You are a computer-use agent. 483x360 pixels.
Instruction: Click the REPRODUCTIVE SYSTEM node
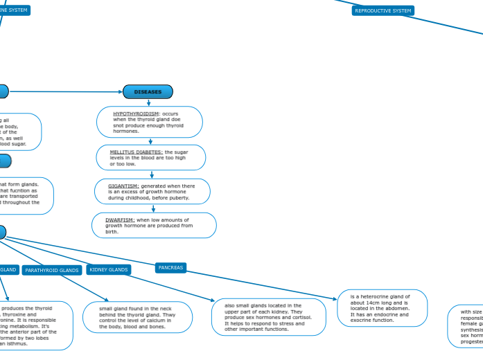383,10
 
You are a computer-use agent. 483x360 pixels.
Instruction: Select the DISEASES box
148,91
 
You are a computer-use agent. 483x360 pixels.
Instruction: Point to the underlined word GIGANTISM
123,186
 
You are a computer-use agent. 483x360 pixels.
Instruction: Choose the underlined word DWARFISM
120,219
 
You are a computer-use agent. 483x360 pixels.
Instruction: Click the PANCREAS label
170,267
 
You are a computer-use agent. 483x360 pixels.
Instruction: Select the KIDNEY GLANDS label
109,269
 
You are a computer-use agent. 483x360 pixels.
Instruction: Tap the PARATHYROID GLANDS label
51,270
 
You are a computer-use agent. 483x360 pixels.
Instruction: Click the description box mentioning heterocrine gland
382,308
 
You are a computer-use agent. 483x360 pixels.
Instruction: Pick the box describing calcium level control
137,317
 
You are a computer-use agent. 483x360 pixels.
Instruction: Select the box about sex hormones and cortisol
267,317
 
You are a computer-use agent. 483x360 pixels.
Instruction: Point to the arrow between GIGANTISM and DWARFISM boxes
153,208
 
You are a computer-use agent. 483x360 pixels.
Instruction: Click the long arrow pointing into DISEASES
69,91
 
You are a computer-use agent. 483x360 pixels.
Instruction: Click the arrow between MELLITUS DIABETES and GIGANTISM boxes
152,174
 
